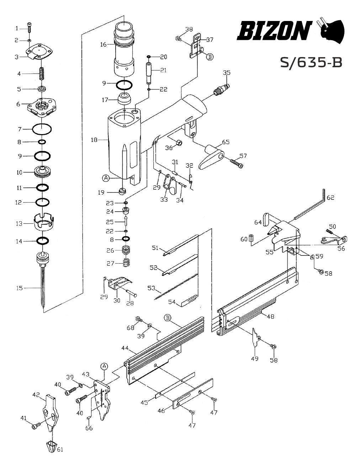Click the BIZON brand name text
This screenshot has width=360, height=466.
pyautogui.click(x=275, y=31)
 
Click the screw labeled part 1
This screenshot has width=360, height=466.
pyautogui.click(x=30, y=28)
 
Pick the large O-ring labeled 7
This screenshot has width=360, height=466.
pyautogui.click(x=42, y=129)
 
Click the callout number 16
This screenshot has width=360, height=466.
pyautogui.click(x=104, y=44)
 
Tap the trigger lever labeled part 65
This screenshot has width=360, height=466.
pyautogui.click(x=212, y=157)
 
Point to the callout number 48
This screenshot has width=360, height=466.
pyautogui.click(x=271, y=316)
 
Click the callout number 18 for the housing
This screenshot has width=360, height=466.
pyautogui.click(x=94, y=140)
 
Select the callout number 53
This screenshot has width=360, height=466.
pyautogui.click(x=151, y=288)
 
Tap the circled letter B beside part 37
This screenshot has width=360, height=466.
pyautogui.click(x=210, y=57)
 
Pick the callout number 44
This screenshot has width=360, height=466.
pyautogui.click(x=125, y=348)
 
